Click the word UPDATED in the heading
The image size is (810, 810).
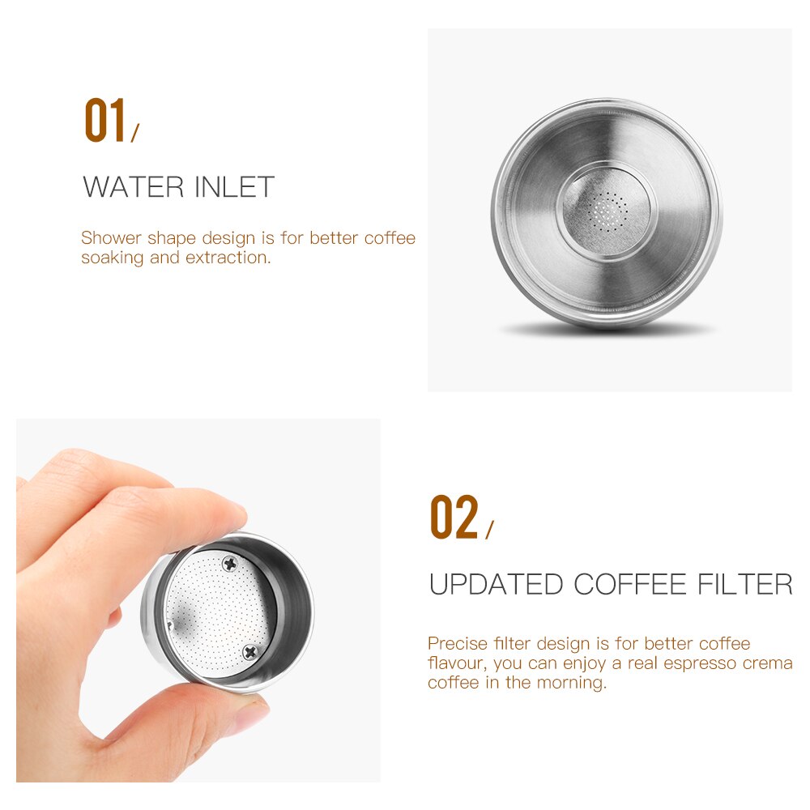(496, 584)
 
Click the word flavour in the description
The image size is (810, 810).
(454, 663)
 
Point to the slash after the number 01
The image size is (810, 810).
(135, 134)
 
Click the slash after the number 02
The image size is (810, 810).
(488, 531)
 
